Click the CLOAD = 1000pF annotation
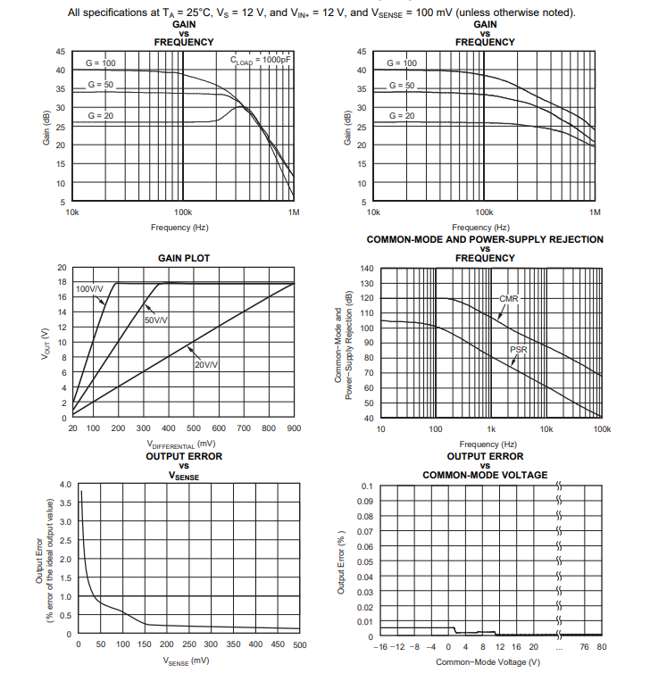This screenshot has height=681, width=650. tap(262, 61)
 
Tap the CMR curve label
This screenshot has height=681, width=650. tap(510, 298)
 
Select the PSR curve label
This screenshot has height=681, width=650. tap(519, 350)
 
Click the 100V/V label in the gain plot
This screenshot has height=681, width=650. tap(89, 289)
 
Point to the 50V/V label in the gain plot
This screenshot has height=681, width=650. tap(157, 320)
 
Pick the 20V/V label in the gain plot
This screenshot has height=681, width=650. tap(206, 365)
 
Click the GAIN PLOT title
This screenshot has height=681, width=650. tap(184, 258)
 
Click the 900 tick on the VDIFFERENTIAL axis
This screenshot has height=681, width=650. tap(294, 429)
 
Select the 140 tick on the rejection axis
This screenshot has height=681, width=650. tap(368, 269)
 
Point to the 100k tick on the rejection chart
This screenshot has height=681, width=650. tap(602, 429)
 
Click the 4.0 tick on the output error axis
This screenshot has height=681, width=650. tap(65, 485)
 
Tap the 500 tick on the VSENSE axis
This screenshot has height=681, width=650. tap(299, 644)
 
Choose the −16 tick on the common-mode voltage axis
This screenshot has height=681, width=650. tap(379, 646)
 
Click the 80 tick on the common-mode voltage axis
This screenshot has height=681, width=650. tap(601, 646)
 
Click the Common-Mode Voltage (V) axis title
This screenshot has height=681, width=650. tap(487, 661)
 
